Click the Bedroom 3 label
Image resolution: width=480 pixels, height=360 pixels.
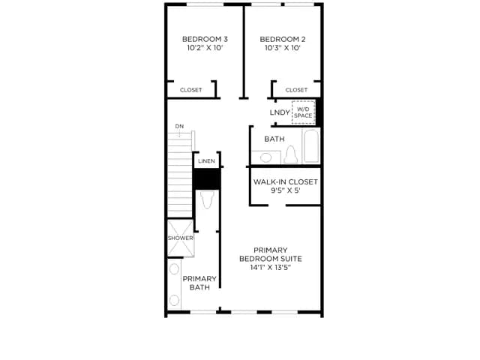[205, 39]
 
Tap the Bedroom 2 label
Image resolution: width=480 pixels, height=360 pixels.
[283, 39]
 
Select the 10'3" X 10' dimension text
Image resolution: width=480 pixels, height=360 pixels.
[283, 48]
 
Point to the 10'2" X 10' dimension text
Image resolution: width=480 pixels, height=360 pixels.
[205, 48]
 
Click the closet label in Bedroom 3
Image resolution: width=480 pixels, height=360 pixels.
[191, 90]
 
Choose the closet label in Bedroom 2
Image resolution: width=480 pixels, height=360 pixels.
[296, 90]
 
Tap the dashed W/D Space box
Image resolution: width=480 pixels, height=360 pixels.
[303, 112]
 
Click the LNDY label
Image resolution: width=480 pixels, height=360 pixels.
[280, 112]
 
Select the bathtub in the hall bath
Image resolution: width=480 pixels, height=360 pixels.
[311, 146]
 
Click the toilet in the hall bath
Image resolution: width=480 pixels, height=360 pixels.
[290, 154]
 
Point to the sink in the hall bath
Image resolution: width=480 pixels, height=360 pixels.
[265, 157]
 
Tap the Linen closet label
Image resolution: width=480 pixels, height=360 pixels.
[206, 161]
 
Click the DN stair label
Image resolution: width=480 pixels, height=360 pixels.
[179, 126]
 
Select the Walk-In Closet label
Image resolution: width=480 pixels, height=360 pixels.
[285, 181]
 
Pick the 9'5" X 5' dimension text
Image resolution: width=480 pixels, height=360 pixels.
[285, 190]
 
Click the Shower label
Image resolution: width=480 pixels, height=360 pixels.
[180, 238]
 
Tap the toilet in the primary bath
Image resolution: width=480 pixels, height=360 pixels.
[208, 199]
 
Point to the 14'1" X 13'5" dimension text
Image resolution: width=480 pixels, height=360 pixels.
[270, 268]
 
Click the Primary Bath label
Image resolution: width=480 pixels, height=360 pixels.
[199, 283]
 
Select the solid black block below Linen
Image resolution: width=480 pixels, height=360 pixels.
[207, 178]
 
